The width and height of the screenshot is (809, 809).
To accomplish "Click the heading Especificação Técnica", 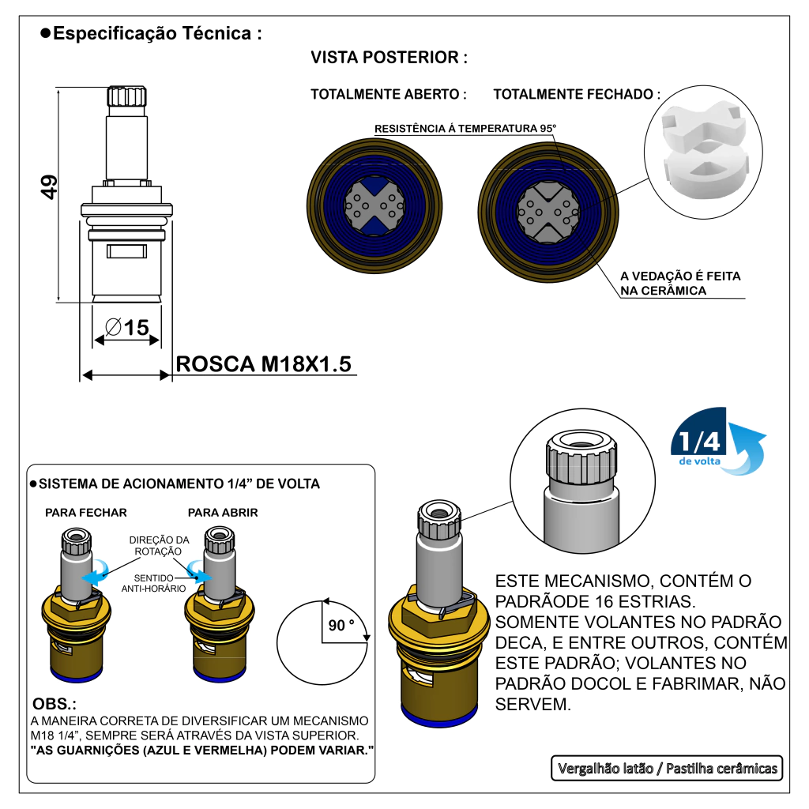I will pos(156,34).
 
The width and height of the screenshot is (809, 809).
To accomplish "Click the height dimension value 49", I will pos(48,187).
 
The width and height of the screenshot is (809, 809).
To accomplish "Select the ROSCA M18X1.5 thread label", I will pos(263,364).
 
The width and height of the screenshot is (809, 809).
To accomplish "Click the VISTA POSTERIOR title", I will pos(389,58).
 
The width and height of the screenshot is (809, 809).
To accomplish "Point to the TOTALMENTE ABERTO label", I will pos(388,94).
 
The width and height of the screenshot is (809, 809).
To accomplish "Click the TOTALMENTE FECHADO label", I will pos(577,94).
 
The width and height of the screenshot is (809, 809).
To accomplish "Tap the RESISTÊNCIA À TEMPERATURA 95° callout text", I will pos(465,128).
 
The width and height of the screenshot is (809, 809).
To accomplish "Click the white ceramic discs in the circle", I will pos(703,149).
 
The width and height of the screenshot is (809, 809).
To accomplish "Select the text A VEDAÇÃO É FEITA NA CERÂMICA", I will pos(680,284).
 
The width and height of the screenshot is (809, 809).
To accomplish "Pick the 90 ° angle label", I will pos(341,625).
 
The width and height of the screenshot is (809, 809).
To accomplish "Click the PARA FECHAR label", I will pos(86,512).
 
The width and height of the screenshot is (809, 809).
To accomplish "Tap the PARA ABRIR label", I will pos(223,512).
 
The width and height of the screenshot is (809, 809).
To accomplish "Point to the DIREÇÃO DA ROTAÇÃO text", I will pos(159,545).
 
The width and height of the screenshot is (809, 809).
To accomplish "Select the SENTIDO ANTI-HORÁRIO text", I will pos(154,583).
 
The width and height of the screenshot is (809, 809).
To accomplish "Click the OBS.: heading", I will pos(55,704).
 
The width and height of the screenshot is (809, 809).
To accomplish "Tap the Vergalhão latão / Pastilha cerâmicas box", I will pos(667,768).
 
